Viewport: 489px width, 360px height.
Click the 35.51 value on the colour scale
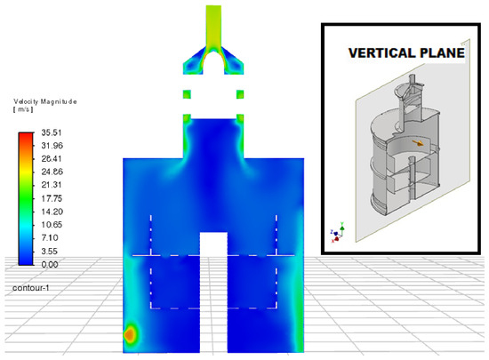[x=52, y=132]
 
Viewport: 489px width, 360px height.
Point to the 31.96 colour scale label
[x=52, y=146]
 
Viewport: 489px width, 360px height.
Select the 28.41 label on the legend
[x=52, y=158]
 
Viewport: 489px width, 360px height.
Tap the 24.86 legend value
[x=52, y=172]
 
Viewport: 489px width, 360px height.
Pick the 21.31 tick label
[x=52, y=185]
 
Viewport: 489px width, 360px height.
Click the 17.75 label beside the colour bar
[x=52, y=198]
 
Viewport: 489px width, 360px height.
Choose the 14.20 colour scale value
[x=52, y=212]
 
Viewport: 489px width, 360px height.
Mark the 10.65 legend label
[x=52, y=225]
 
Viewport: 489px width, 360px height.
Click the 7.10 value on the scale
[x=50, y=238]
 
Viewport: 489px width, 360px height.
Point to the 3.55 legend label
[x=50, y=252]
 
